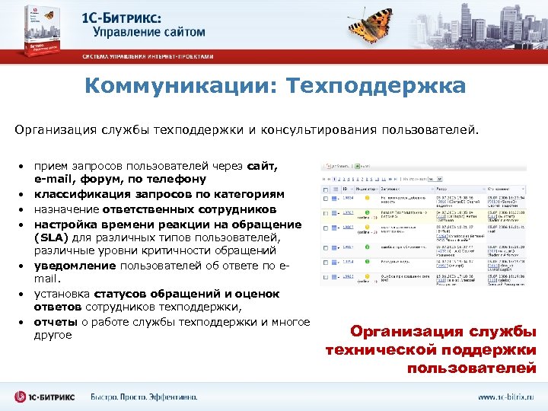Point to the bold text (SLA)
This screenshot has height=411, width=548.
pyautogui.click(x=53, y=237)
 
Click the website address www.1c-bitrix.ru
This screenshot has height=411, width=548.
pyautogui.click(x=505, y=397)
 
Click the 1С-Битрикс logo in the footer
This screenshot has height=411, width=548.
pyautogui.click(x=45, y=397)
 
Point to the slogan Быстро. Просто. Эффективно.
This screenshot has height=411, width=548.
pyautogui.click(x=144, y=397)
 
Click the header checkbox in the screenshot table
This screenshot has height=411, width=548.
pyautogui.click(x=326, y=186)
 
